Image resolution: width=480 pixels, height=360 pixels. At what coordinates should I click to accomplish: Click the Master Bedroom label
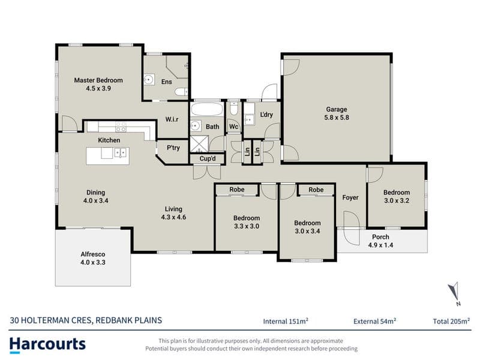98,80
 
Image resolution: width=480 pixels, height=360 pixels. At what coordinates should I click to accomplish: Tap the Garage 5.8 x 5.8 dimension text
337,118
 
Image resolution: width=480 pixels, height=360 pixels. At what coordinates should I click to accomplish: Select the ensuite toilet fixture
181,92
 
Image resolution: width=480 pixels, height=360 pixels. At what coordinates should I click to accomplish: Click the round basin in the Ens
149,80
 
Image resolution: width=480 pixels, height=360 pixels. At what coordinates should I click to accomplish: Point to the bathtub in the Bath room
206,109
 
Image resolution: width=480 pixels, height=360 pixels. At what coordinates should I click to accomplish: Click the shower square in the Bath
199,144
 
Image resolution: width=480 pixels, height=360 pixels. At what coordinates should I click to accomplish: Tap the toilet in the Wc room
233,109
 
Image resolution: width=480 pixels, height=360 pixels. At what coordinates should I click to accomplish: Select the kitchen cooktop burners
121,127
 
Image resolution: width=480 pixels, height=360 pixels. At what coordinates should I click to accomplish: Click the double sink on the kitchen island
121,152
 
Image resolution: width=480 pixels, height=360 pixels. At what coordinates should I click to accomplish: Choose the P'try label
173,148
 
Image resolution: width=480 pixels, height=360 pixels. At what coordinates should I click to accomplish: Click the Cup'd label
208,158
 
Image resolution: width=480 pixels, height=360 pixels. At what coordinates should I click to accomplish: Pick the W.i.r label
172,119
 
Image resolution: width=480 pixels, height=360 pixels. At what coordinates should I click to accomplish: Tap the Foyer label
350,197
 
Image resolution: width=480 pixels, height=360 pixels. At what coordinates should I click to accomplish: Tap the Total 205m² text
451,321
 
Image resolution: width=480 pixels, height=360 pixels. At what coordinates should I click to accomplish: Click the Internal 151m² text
286,321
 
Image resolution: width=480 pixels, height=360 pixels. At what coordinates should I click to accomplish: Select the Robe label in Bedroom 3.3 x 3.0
237,190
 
